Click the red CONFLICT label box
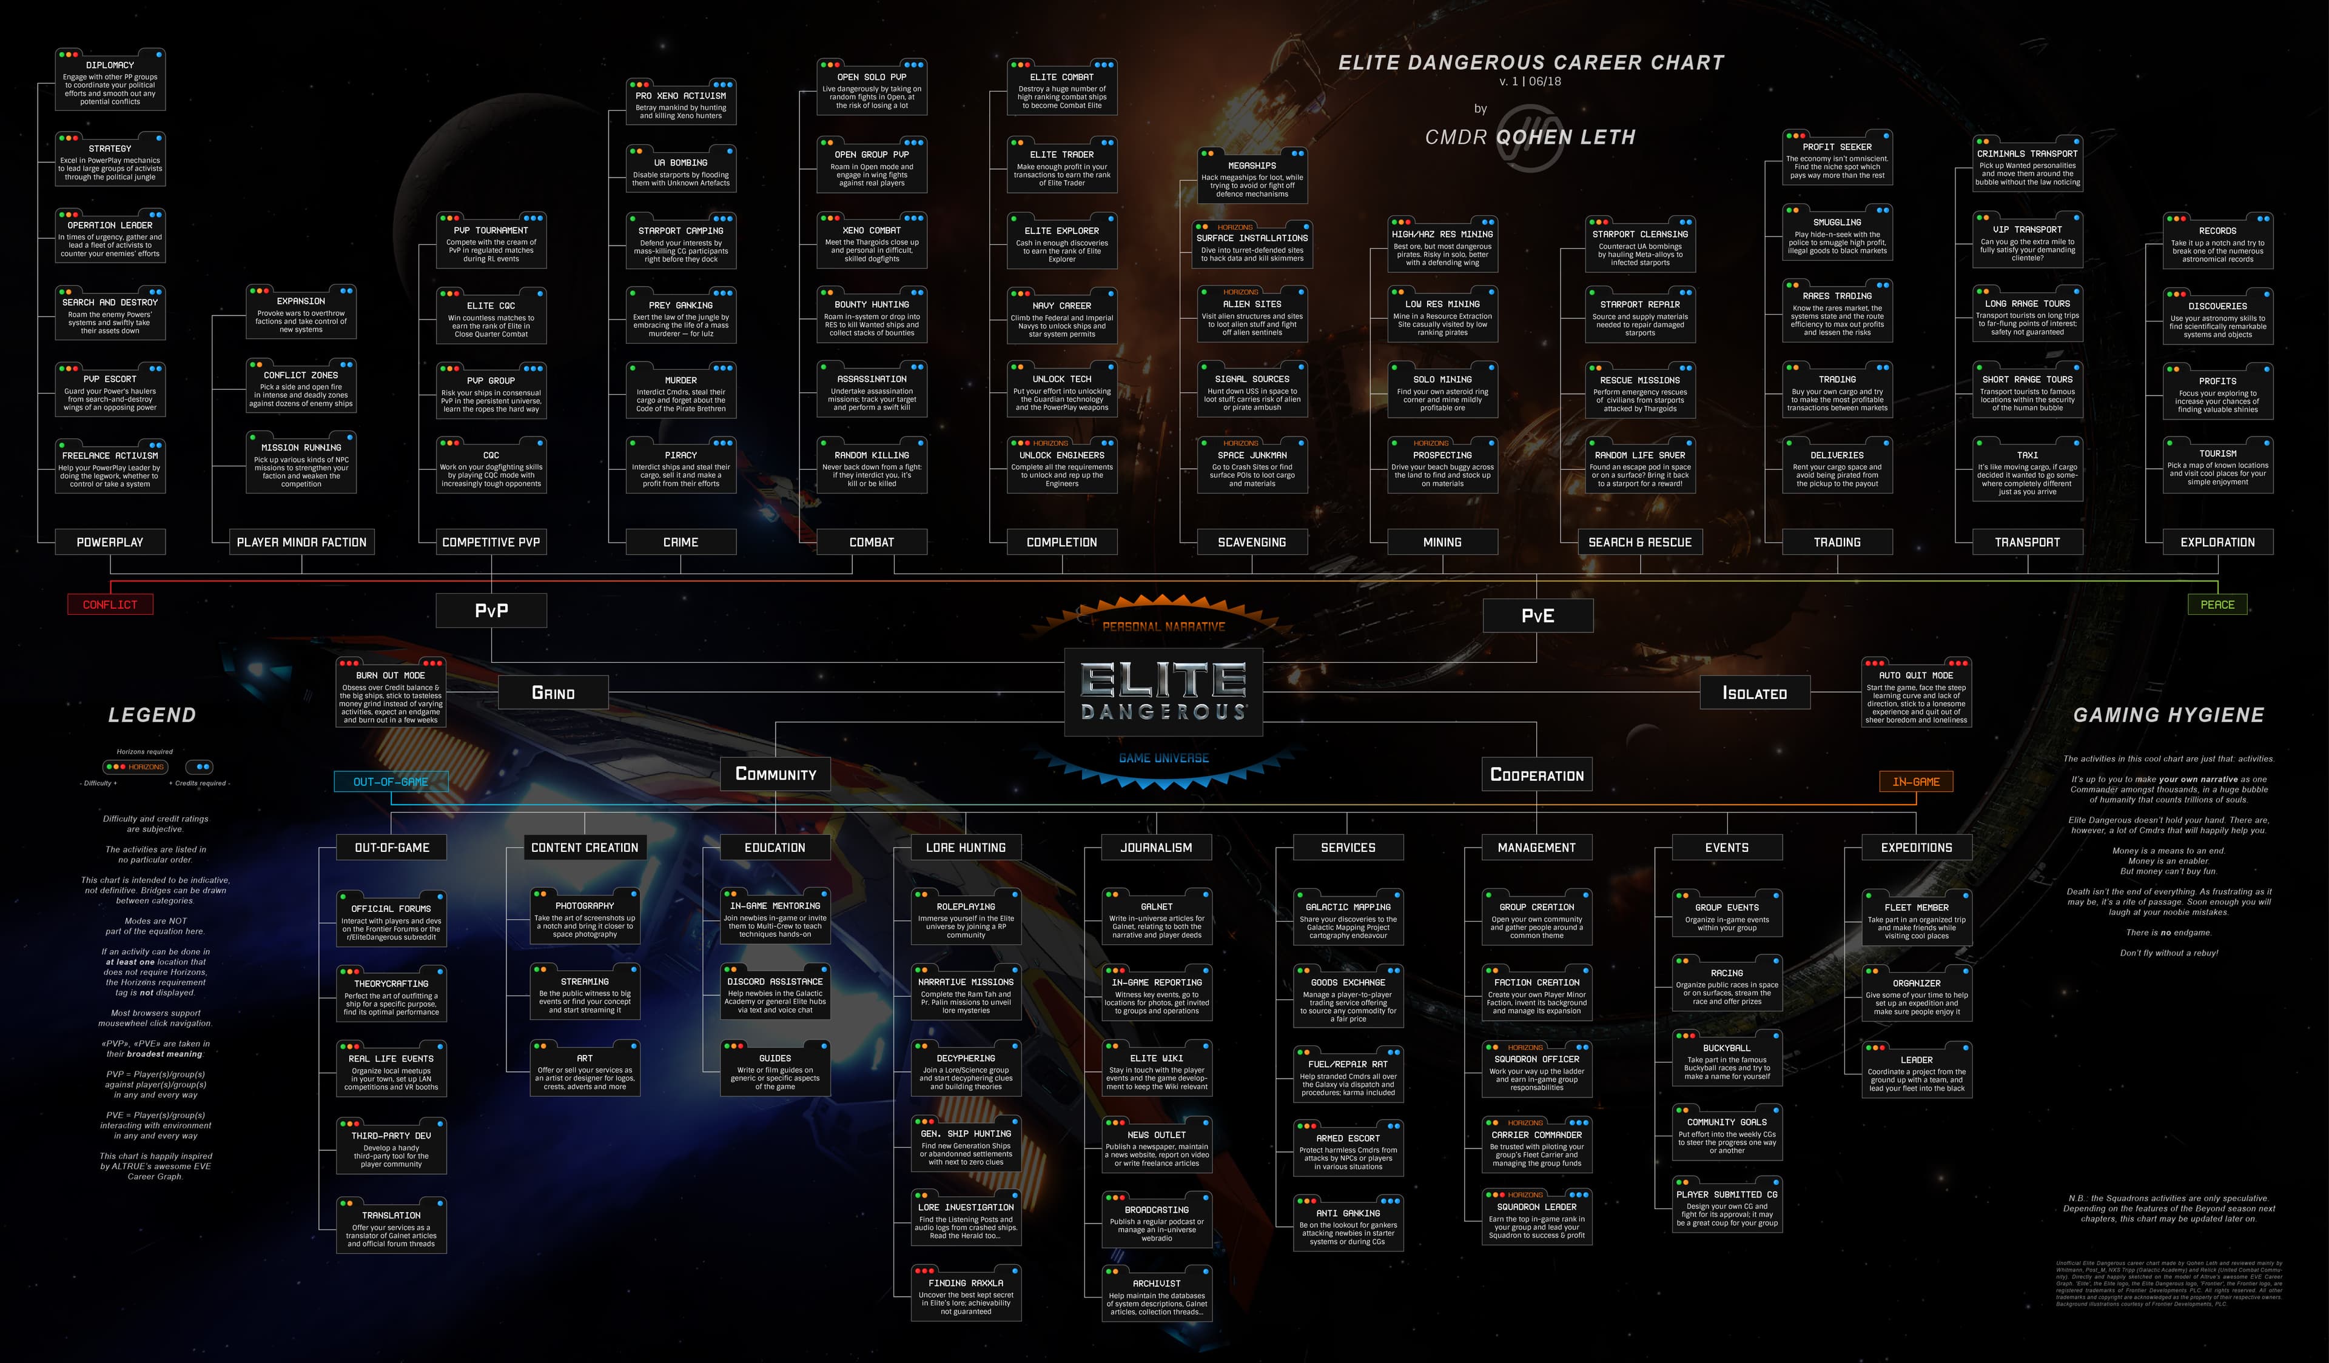click(110, 604)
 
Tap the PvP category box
click(491, 611)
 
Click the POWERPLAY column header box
click(110, 543)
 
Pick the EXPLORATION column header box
click(2217, 543)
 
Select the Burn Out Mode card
click(391, 693)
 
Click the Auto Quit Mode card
click(1916, 693)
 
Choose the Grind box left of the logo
click(553, 693)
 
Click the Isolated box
click(1754, 693)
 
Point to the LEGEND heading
click(152, 715)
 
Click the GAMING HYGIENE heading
click(2168, 715)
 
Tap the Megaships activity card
click(1251, 176)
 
